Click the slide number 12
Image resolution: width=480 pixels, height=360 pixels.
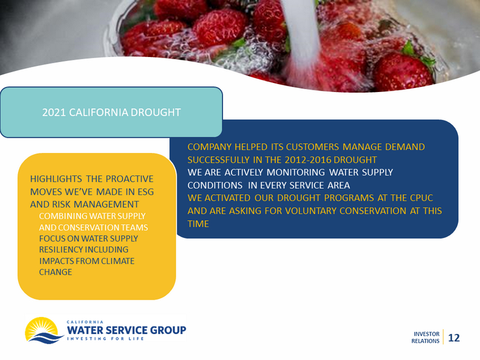point(454,337)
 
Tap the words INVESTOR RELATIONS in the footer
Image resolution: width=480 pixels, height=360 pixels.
point(425,337)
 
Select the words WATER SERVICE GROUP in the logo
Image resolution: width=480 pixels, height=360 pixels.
point(126,330)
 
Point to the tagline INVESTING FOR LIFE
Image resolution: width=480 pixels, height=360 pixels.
point(105,339)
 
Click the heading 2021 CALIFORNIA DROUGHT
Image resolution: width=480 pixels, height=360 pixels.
point(111,112)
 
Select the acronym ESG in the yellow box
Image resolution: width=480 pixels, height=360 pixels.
point(146,192)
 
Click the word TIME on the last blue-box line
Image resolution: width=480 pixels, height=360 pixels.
point(198,223)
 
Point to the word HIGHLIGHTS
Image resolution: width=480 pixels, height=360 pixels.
point(56,179)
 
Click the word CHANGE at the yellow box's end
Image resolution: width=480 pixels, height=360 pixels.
point(55,272)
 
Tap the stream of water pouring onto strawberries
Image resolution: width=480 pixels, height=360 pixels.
point(303,39)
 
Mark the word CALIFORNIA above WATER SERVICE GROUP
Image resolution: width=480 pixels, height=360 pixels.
point(85,322)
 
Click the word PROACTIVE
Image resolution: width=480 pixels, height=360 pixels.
point(130,179)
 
